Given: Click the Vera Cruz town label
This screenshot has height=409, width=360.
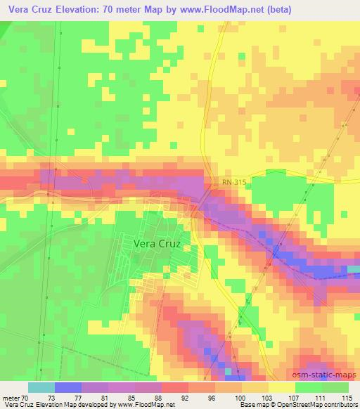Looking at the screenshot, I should click(157, 243).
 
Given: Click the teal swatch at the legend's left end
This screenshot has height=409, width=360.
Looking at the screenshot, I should click(41, 387).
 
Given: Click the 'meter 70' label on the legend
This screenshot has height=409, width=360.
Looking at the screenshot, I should click(15, 397).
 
